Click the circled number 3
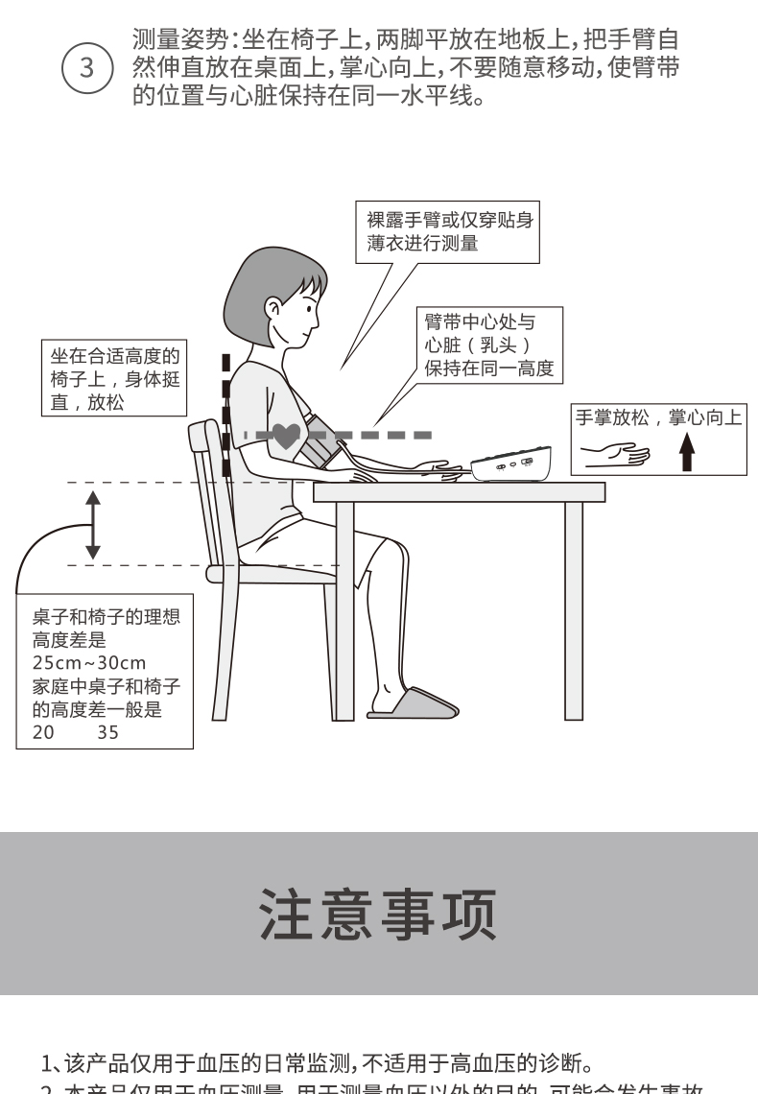[86, 69]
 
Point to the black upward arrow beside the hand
[686, 450]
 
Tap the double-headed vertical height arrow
[92, 524]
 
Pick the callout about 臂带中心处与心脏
[489, 344]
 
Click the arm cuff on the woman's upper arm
[320, 443]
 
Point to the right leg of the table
[573, 609]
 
